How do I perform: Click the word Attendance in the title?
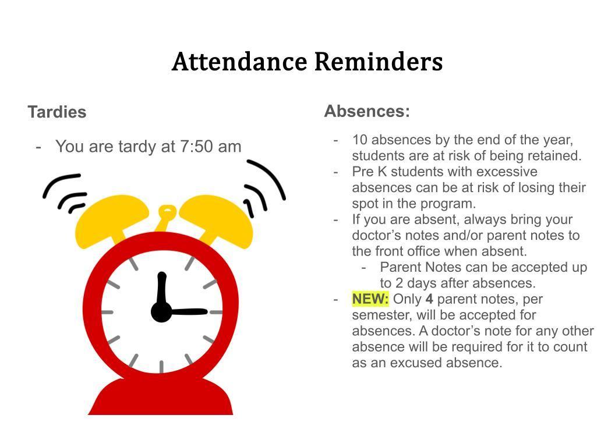pyautogui.click(x=239, y=62)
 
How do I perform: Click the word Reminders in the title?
pyautogui.click(x=379, y=62)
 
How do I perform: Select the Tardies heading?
pyautogui.click(x=57, y=112)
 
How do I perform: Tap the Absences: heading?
pyautogui.click(x=367, y=111)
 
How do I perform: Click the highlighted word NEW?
pyautogui.click(x=370, y=299)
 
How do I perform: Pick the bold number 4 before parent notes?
pyautogui.click(x=429, y=299)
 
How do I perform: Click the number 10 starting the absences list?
pyautogui.click(x=359, y=140)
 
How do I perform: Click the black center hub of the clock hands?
pyautogui.click(x=161, y=312)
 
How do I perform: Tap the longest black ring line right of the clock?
pyautogui.click(x=267, y=179)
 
